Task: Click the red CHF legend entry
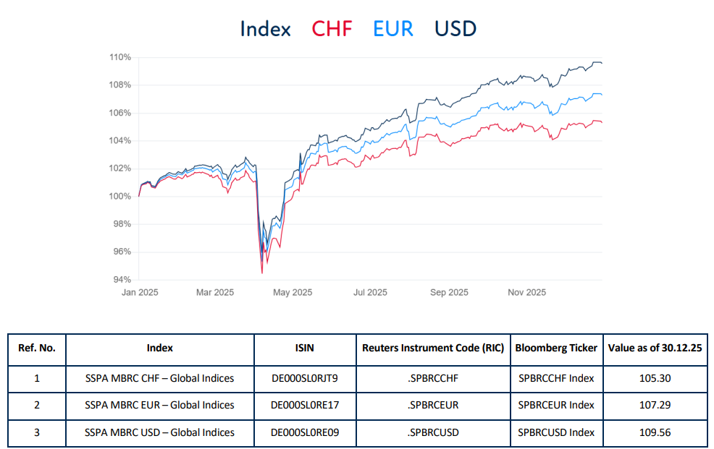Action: click(332, 29)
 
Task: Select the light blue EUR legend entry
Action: click(393, 29)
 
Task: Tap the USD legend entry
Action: click(455, 29)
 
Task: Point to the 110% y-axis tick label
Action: click(120, 57)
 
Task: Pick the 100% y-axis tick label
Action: click(120, 196)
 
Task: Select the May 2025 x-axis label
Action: click(293, 293)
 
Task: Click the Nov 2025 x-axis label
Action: click(526, 293)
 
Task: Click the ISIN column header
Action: click(304, 348)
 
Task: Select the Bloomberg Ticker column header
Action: click(556, 348)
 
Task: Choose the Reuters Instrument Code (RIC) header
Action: click(433, 348)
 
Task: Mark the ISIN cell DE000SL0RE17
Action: click(304, 405)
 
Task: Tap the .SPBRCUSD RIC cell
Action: click(433, 432)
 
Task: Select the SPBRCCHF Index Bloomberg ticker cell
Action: click(556, 378)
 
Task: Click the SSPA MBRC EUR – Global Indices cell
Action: click(159, 405)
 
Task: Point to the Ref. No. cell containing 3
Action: click(37, 432)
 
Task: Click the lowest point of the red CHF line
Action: click(261, 273)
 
